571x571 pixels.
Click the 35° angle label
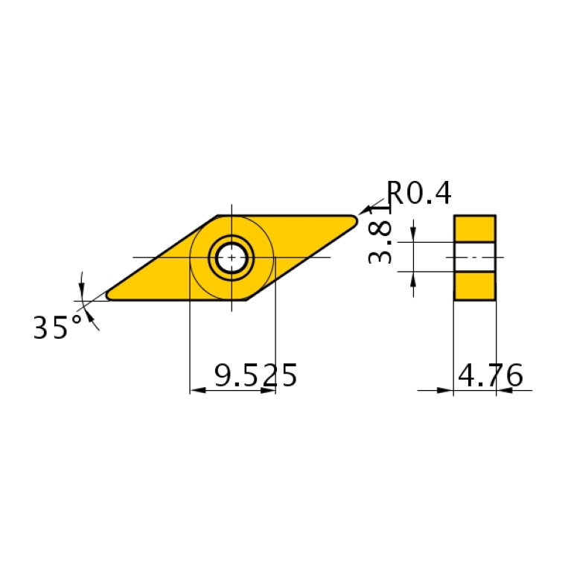[x=57, y=328]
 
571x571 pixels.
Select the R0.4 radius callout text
[x=419, y=194]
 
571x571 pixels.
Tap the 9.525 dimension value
[x=255, y=376]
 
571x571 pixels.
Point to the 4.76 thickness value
[x=490, y=376]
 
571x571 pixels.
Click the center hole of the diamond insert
[x=232, y=258]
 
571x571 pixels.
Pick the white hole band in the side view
[x=474, y=257]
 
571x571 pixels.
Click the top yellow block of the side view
[x=474, y=229]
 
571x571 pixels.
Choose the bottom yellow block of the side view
[x=474, y=286]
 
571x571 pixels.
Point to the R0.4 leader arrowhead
[x=364, y=211]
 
